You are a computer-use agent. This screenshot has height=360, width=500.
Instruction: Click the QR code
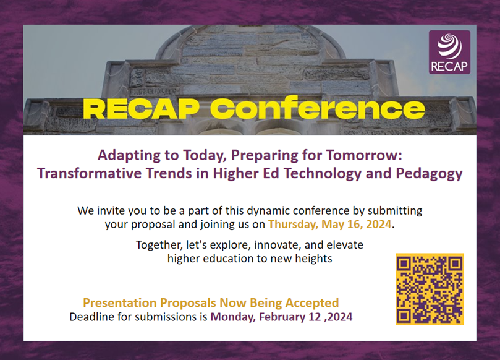click(x=430, y=289)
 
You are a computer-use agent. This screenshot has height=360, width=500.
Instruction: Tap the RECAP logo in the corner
click(x=449, y=52)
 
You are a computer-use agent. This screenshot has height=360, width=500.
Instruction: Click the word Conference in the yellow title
click(x=317, y=108)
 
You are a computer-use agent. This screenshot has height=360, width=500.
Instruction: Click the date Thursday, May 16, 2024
click(x=329, y=224)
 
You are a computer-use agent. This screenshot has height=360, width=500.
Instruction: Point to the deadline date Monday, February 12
click(x=266, y=317)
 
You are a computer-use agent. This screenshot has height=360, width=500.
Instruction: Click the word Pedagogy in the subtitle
click(x=429, y=174)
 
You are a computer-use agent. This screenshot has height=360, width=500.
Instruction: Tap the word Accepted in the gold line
click(x=312, y=303)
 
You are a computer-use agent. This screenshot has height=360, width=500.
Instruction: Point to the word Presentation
click(x=120, y=302)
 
